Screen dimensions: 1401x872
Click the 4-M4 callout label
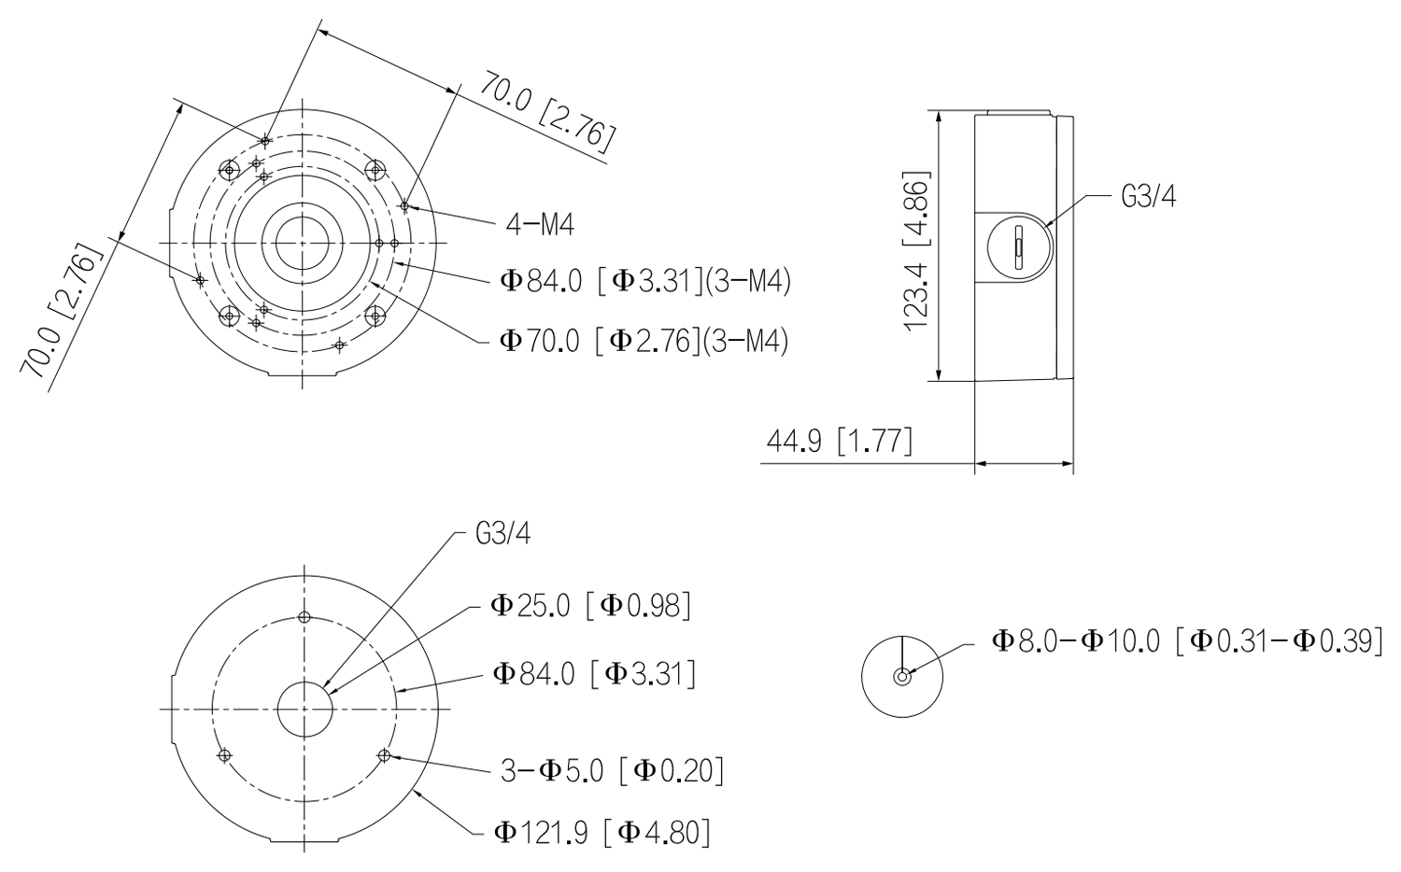[x=540, y=224]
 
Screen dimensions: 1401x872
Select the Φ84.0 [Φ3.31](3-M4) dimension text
[x=645, y=281]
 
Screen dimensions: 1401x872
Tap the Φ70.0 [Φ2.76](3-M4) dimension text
[x=643, y=341]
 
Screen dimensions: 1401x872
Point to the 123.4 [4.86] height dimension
[x=917, y=250]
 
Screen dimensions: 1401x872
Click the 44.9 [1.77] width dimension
[x=840, y=441]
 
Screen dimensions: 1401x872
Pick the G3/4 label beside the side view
[x=1148, y=196]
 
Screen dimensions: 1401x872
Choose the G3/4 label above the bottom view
[x=502, y=534]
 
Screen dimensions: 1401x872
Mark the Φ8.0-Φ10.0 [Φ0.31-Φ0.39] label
[x=1188, y=641]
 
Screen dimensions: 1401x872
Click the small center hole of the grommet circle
[x=902, y=676]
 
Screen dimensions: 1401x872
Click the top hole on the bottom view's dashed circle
[x=304, y=617]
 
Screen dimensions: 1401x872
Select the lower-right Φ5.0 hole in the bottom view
[x=384, y=755]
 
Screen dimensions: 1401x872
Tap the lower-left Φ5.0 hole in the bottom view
[x=224, y=755]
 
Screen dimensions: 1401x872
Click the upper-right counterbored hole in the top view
[x=375, y=169]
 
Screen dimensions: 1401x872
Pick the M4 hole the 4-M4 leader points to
[x=404, y=205]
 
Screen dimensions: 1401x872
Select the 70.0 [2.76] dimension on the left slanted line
[x=60, y=312]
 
